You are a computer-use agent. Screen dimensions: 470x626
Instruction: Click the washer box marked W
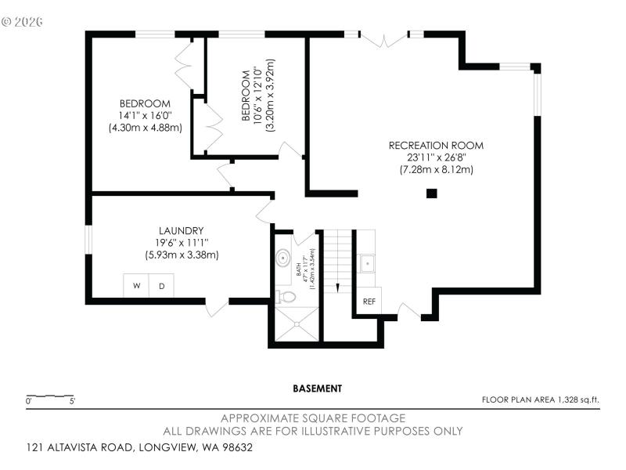[136, 286]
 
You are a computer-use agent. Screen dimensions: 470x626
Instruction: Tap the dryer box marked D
[162, 286]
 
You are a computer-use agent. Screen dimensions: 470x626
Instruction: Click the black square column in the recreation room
[431, 193]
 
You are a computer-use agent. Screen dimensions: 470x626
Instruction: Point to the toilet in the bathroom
[286, 297]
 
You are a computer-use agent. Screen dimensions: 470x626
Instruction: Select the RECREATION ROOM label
[436, 145]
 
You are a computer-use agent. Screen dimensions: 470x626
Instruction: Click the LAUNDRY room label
[182, 230]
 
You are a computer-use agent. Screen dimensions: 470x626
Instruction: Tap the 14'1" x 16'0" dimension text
[145, 115]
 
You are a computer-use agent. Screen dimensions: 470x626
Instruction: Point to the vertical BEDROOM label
[245, 96]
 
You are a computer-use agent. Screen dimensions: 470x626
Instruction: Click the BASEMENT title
[317, 388]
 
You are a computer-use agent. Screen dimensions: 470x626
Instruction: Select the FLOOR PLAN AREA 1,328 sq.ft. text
[541, 399]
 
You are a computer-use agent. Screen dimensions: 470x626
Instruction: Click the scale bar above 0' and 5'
[50, 396]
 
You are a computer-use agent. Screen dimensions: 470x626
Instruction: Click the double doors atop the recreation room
[384, 36]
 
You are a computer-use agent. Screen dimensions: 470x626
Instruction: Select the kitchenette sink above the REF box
[366, 263]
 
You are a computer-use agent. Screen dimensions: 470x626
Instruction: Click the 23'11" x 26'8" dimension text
[436, 157]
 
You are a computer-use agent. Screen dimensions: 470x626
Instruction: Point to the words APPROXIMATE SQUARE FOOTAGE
[313, 418]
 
